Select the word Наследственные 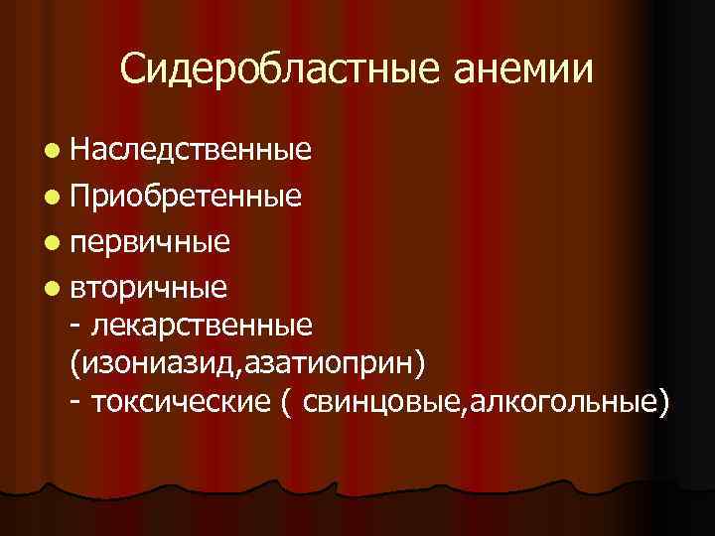(x=191, y=150)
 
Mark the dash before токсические (x=77, y=403)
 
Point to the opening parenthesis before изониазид (x=75, y=363)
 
